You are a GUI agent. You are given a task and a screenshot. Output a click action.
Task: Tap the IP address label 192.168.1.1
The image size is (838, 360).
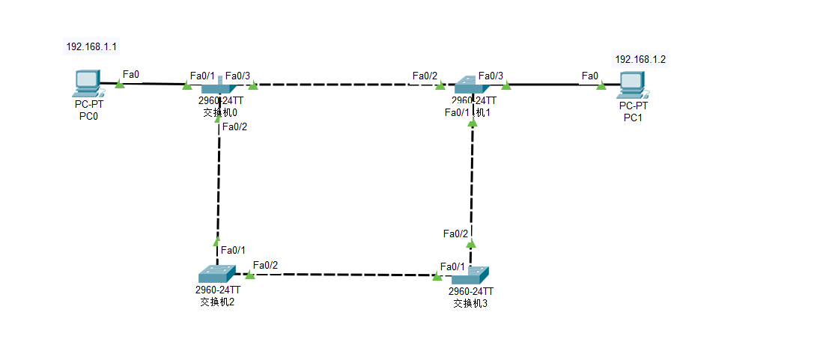[91, 46]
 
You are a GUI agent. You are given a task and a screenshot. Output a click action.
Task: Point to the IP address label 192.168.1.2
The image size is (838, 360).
[640, 59]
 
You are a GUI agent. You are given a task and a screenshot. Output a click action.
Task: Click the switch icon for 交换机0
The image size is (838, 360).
[219, 87]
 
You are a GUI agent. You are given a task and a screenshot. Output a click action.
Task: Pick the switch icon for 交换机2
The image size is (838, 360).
[216, 274]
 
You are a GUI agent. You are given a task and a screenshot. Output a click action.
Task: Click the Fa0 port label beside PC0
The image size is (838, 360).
[131, 75]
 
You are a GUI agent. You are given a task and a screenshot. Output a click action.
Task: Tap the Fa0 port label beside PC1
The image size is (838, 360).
[590, 76]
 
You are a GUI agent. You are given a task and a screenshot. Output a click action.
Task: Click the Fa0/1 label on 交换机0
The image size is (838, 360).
[202, 76]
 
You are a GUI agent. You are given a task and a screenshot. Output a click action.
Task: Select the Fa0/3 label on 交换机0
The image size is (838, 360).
[237, 76]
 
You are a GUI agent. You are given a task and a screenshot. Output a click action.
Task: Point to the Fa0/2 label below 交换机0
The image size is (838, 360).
[234, 126]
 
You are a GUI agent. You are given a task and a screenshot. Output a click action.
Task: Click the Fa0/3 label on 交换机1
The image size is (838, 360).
[491, 76]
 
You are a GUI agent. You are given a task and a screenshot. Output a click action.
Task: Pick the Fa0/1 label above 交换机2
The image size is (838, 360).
[234, 250]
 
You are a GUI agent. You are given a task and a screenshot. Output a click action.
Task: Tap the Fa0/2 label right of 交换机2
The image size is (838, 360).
[265, 265]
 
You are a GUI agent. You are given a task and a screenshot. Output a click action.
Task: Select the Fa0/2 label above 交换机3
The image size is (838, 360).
[455, 234]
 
